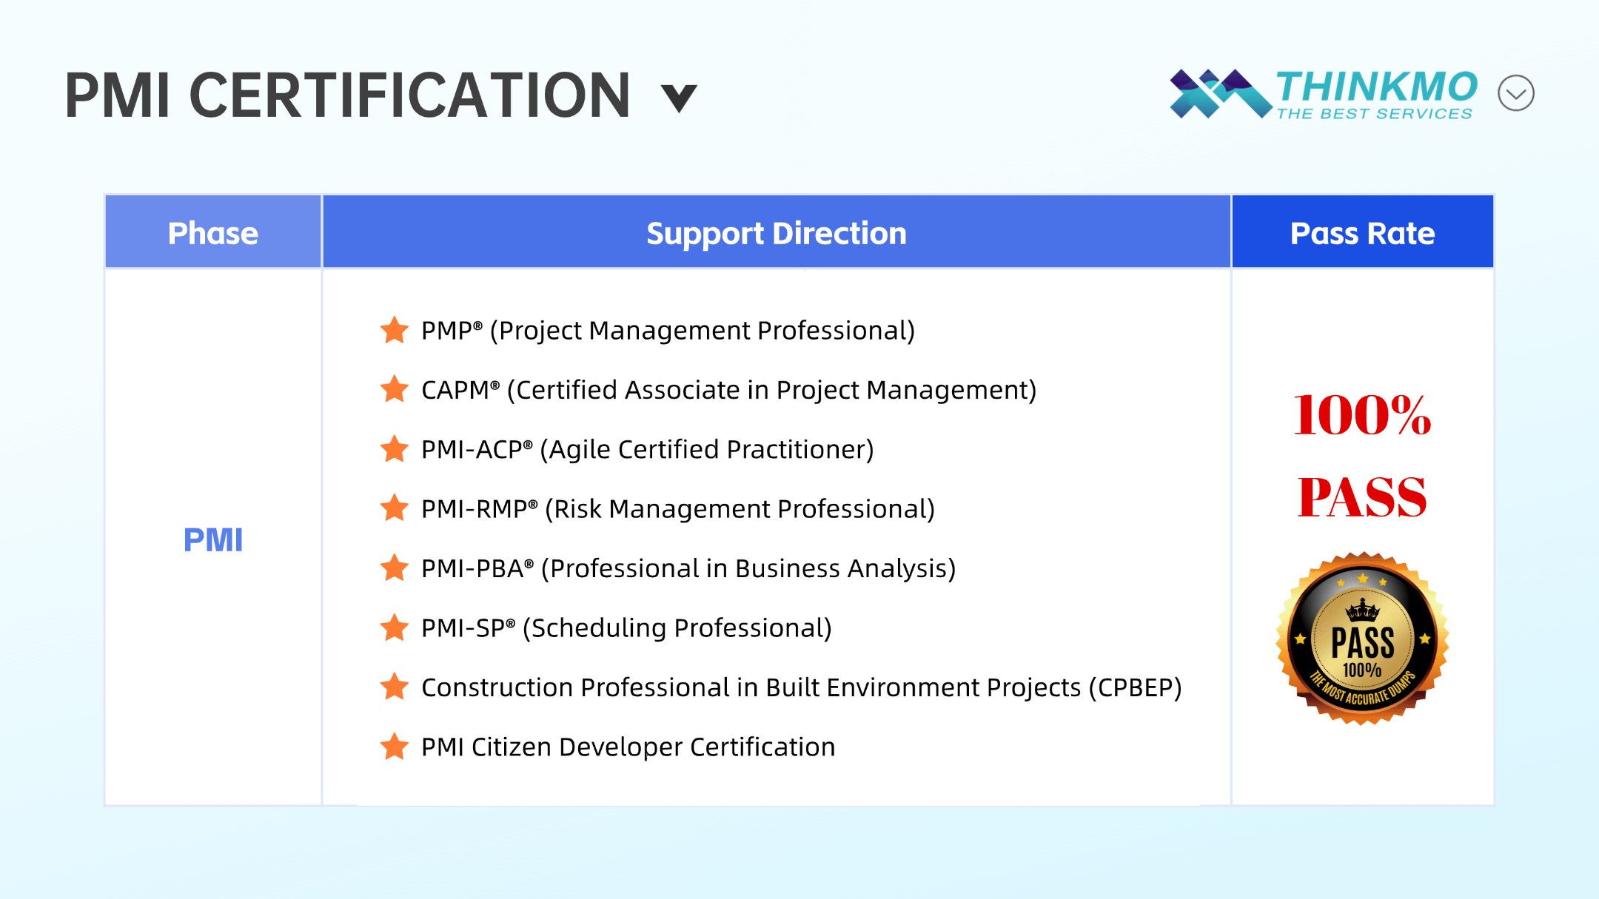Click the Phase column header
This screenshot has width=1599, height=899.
(213, 232)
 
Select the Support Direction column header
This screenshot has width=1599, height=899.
(777, 232)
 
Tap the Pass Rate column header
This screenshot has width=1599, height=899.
(1362, 232)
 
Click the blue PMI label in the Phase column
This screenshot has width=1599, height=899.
(213, 540)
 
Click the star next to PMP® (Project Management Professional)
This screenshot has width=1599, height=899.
(395, 330)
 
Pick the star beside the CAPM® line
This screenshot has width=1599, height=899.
(395, 389)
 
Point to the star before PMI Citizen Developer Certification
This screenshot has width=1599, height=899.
(395, 747)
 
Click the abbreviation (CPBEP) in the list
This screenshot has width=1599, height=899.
(1135, 688)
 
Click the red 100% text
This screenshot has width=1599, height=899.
(1362, 415)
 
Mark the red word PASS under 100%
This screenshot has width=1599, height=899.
(1362, 497)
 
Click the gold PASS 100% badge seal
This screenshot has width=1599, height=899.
(1362, 639)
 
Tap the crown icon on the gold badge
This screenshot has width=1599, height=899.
(1362, 610)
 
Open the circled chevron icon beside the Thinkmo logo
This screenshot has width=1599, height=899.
(1516, 93)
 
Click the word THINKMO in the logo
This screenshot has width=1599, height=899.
(1377, 87)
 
